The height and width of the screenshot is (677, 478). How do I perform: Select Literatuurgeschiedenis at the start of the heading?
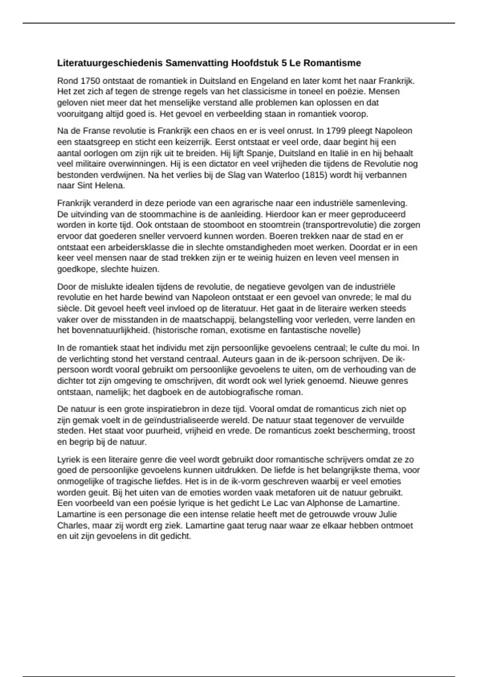(110, 63)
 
